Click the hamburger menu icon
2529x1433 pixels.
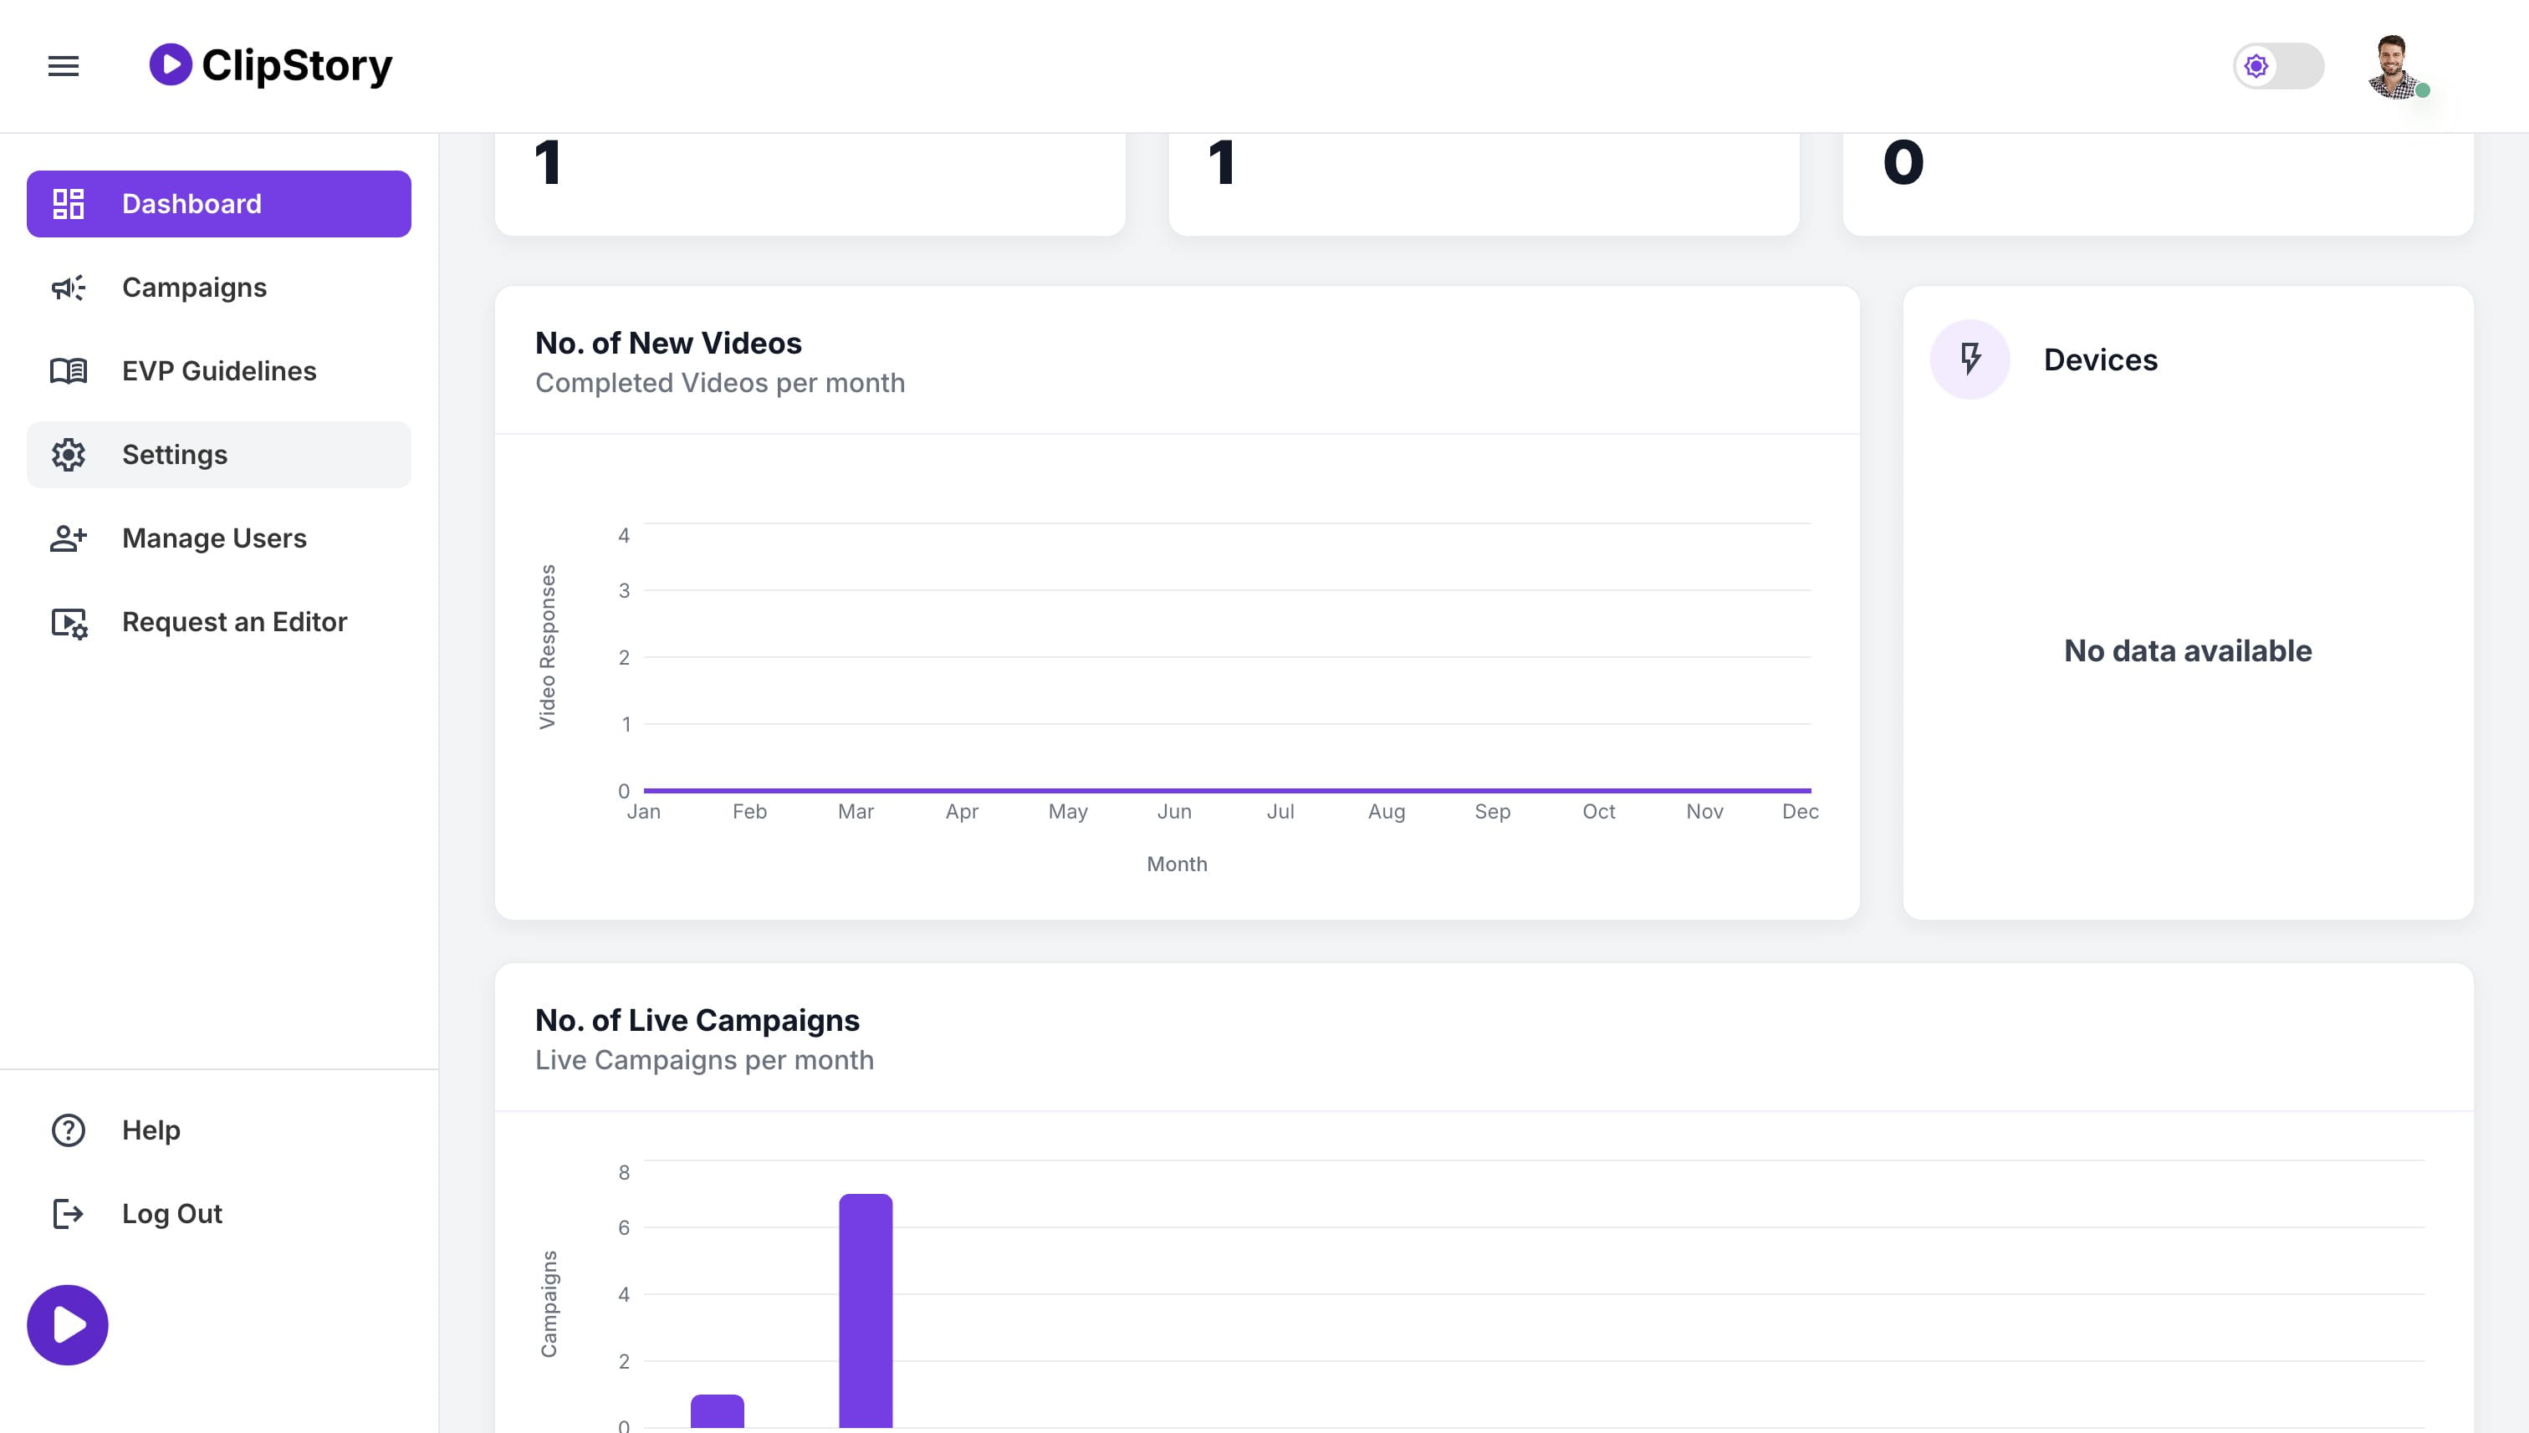63,66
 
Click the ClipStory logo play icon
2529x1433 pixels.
171,65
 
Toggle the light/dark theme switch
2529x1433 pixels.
2278,66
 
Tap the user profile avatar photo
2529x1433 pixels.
2394,66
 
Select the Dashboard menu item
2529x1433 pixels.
218,204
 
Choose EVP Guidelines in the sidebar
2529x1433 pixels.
218,371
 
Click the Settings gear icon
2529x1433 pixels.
68,455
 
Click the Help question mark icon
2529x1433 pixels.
68,1130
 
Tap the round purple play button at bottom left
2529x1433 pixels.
67,1325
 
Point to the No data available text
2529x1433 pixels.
2188,650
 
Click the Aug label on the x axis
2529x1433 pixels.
1386,812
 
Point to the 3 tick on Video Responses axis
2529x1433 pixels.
623,590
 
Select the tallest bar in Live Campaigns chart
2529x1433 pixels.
866,1311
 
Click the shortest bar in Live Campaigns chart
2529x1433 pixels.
717,1411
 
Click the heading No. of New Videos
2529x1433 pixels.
668,344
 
